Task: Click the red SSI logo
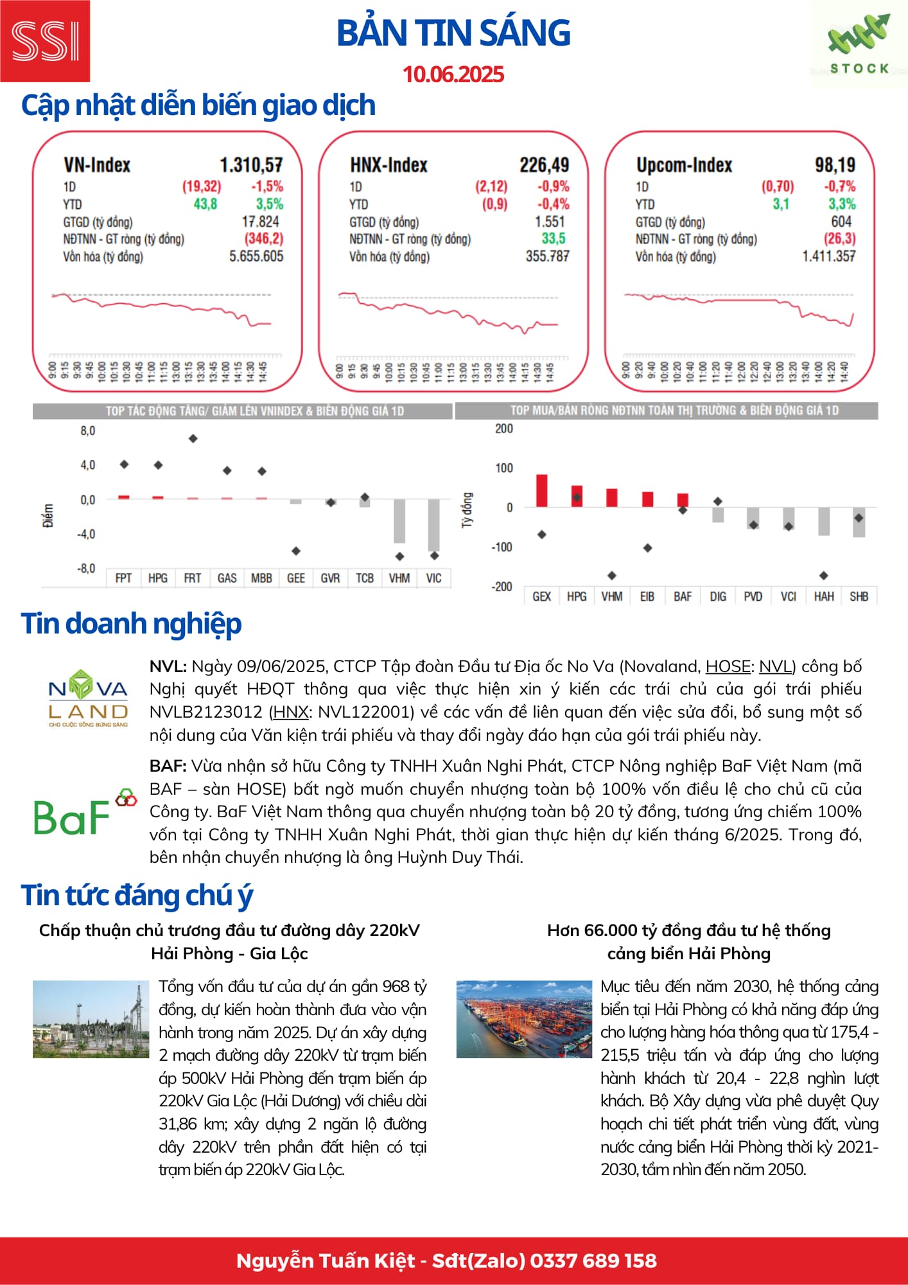click(x=45, y=41)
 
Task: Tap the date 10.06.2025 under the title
click(x=453, y=75)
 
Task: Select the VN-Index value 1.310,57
click(x=251, y=165)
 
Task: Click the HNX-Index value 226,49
click(x=544, y=165)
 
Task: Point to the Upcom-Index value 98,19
click(x=835, y=165)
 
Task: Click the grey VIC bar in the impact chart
click(x=433, y=525)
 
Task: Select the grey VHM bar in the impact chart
click(x=399, y=521)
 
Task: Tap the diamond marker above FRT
click(x=193, y=439)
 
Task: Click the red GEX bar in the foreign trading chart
click(x=542, y=491)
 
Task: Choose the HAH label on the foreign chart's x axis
click(x=824, y=596)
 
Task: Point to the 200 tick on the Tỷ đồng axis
click(x=504, y=429)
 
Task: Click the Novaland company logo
click(x=89, y=698)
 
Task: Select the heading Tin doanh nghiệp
click(x=131, y=624)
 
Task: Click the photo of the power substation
click(x=91, y=1019)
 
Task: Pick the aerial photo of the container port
click(x=524, y=1019)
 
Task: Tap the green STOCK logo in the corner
click(x=859, y=45)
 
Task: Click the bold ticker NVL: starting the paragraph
click(x=168, y=666)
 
